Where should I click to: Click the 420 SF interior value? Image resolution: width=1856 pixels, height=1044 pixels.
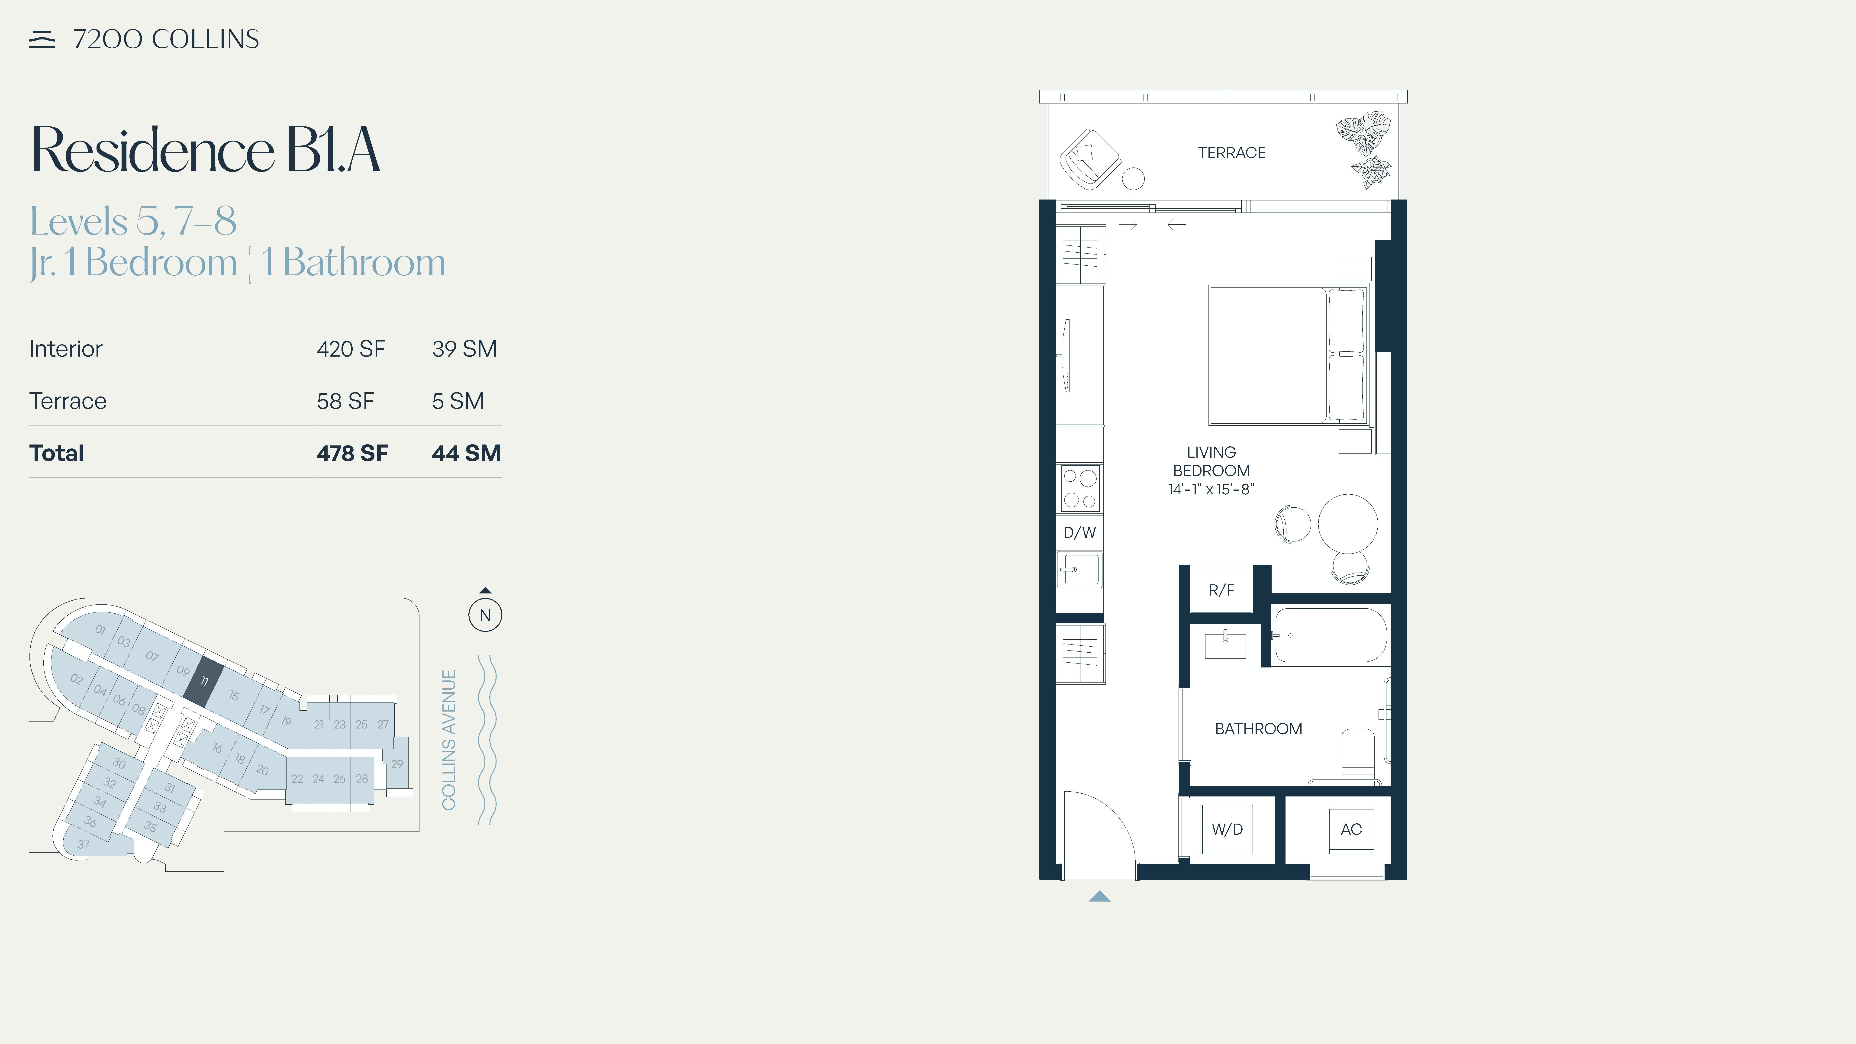point(351,349)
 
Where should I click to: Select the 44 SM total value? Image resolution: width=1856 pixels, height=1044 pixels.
point(466,453)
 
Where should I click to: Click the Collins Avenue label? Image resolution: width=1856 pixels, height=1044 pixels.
point(449,740)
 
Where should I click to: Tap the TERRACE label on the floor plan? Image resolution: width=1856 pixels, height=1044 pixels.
point(1231,153)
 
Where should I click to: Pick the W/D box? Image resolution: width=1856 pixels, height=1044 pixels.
point(1227,829)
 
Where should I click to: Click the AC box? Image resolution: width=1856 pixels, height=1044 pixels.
point(1351,829)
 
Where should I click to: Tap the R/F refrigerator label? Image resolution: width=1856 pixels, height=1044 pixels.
point(1221,590)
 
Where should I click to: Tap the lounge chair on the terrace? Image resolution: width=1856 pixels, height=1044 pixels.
point(1089,159)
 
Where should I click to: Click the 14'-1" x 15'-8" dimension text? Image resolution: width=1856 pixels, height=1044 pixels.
point(1211,489)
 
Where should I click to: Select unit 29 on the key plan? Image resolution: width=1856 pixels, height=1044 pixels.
point(397,764)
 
